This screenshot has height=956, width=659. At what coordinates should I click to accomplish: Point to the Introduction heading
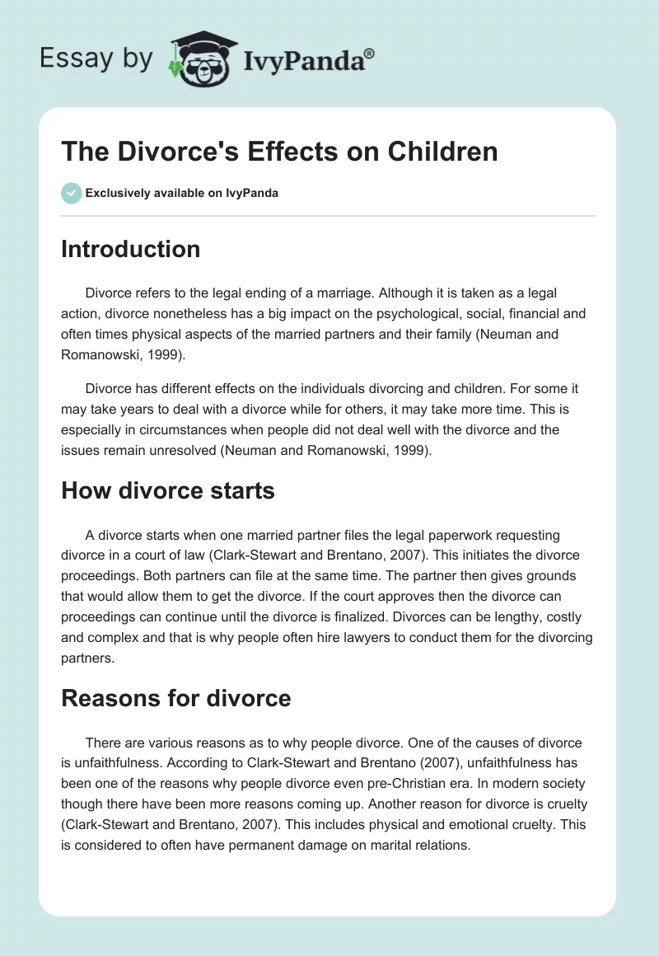tap(130, 249)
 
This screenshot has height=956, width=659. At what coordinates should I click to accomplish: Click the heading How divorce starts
tap(167, 490)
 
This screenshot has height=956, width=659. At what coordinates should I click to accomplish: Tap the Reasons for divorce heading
tap(175, 699)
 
